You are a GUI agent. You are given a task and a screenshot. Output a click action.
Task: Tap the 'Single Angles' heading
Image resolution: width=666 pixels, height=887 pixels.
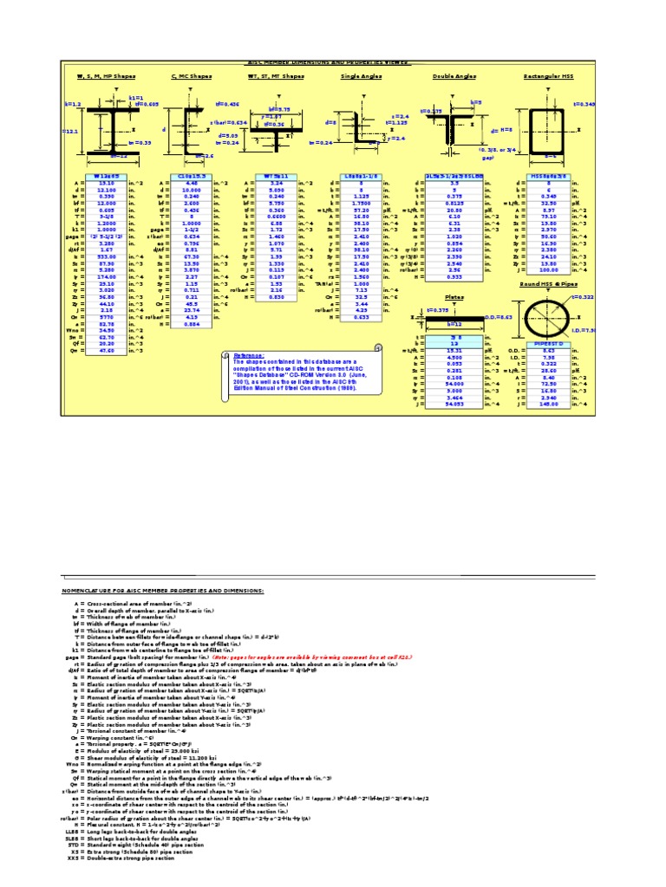coord(360,76)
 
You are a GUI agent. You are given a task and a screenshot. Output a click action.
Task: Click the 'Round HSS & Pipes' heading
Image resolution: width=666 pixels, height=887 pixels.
coord(547,283)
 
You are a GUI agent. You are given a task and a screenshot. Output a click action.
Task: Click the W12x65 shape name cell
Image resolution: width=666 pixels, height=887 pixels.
coord(106,175)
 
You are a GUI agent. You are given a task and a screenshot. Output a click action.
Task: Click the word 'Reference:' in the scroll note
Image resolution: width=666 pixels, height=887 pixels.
coord(251,354)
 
